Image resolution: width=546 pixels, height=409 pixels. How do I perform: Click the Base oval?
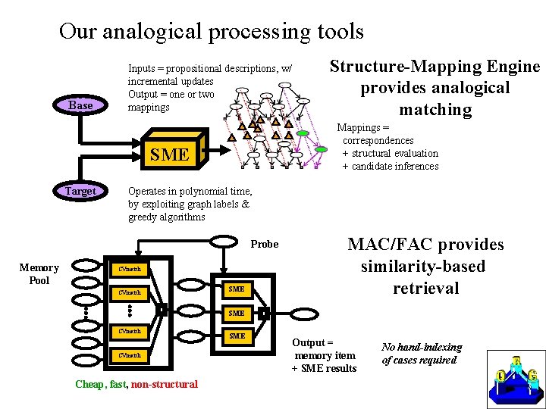[80, 105]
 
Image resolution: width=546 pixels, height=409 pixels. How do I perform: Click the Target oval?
[80, 191]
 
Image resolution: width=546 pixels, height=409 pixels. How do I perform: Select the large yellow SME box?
[169, 155]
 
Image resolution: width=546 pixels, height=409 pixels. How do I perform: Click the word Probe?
[265, 244]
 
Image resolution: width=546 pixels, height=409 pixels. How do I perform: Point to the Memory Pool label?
[39, 273]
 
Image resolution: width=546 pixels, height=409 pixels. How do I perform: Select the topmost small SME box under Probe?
[237, 289]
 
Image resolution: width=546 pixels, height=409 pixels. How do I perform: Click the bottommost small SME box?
[237, 336]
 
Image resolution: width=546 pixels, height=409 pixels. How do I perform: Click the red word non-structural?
[164, 384]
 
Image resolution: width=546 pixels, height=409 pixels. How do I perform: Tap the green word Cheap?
[90, 384]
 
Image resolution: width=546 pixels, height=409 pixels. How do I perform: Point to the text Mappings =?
[362, 128]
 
